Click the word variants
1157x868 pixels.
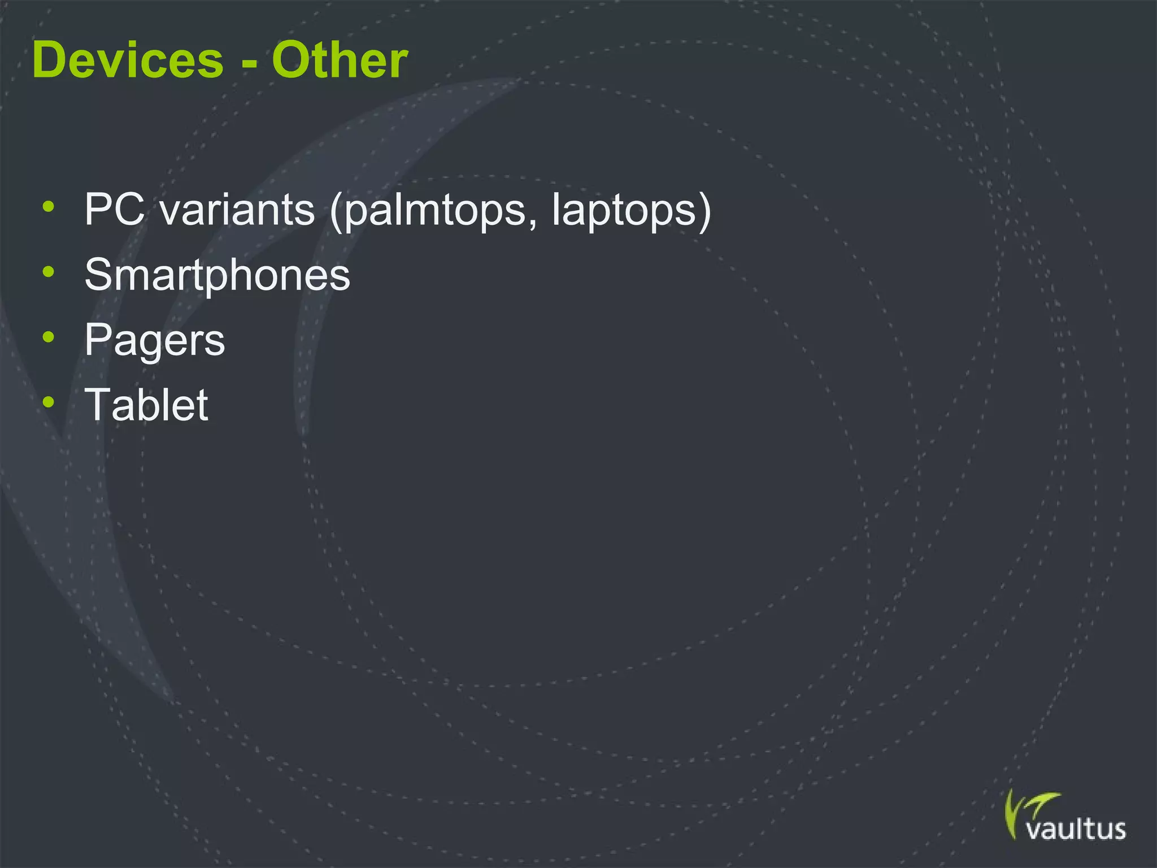[237, 210]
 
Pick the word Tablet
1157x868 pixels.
[146, 405]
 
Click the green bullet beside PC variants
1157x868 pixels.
[49, 207]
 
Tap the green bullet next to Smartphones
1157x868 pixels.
[49, 272]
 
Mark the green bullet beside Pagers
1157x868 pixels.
[49, 337]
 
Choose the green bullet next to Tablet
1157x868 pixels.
[49, 402]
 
